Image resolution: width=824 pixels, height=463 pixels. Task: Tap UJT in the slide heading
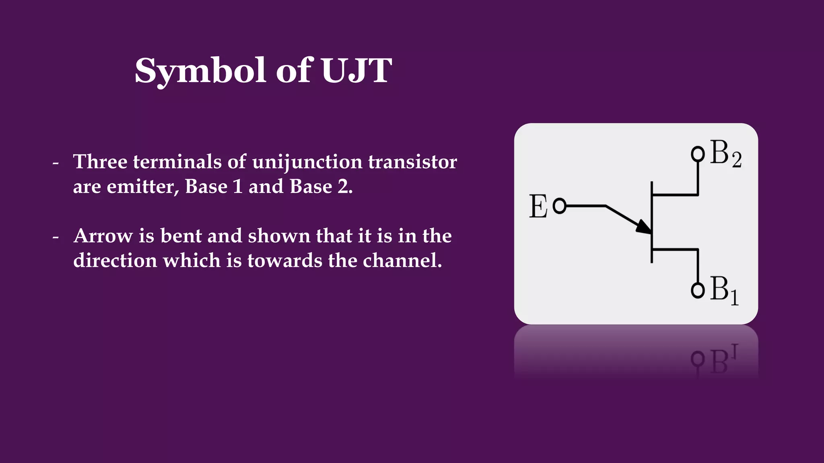click(x=356, y=71)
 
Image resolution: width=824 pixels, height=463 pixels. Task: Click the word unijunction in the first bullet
click(x=307, y=162)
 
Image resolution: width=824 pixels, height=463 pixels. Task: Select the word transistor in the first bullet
click(x=412, y=162)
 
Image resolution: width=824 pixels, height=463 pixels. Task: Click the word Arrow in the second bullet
click(x=103, y=236)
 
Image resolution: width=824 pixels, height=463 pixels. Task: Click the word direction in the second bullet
click(x=115, y=261)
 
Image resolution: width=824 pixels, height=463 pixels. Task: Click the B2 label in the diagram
click(x=725, y=154)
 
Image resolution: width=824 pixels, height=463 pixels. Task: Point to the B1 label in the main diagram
click(x=724, y=290)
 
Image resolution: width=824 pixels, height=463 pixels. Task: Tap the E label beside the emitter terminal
click(x=538, y=207)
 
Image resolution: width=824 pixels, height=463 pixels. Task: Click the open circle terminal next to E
click(x=560, y=206)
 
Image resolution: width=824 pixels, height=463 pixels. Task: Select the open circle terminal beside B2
click(x=698, y=154)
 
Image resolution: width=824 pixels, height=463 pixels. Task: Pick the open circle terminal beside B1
click(x=698, y=290)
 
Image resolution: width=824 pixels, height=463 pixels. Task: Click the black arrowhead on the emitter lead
click(x=644, y=227)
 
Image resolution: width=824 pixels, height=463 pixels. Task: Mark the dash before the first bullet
click(x=56, y=163)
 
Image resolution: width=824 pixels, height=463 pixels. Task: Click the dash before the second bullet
click(x=56, y=237)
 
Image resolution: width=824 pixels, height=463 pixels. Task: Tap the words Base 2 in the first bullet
click(x=320, y=187)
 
